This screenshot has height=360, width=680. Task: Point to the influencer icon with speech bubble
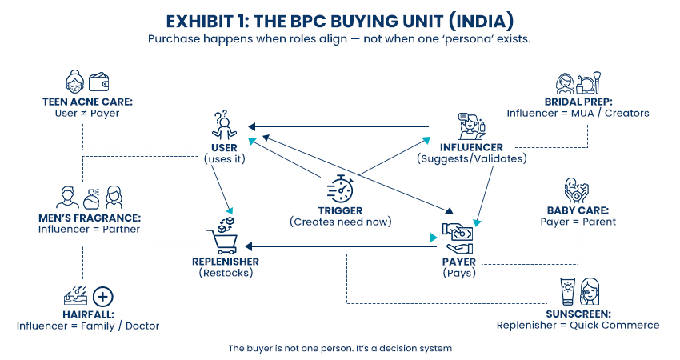click(x=471, y=126)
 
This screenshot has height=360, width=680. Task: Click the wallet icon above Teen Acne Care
click(x=100, y=82)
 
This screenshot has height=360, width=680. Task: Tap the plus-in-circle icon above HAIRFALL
click(x=103, y=297)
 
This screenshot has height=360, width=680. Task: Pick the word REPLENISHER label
click(x=226, y=262)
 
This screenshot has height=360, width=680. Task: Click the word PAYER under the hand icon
click(x=459, y=262)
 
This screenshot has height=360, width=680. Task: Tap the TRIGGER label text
click(x=340, y=210)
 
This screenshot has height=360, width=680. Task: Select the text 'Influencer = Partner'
click(x=89, y=230)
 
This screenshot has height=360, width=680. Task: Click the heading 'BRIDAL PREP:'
click(x=578, y=102)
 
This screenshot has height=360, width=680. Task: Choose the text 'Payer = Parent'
click(x=578, y=222)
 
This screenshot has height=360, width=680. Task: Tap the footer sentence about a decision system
click(x=340, y=348)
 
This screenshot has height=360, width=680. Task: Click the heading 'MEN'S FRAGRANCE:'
click(x=89, y=218)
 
